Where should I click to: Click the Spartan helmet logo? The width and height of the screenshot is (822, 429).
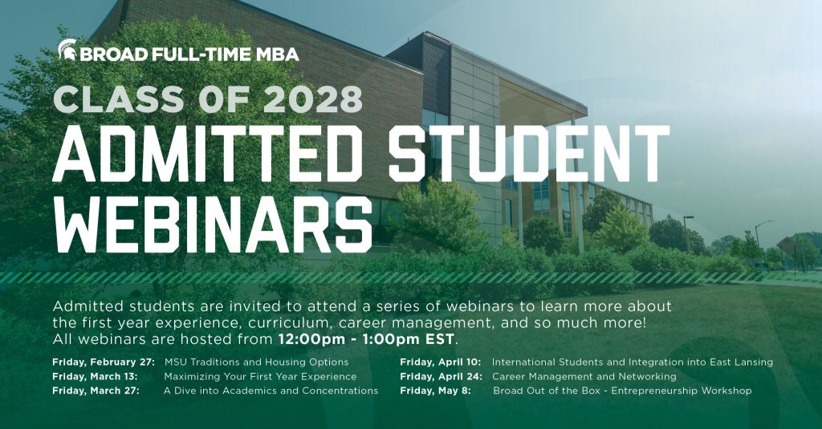coord(67,50)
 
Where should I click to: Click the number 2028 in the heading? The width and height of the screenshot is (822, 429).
coord(313,99)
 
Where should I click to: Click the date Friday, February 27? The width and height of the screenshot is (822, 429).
coord(104,362)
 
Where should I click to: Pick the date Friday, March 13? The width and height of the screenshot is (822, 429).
coord(95,377)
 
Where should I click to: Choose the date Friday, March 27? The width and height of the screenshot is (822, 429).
coord(96,391)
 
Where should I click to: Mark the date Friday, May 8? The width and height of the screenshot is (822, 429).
coord(436,391)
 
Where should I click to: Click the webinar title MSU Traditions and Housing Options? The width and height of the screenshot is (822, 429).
coord(256,362)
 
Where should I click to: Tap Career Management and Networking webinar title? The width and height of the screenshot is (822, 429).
coord(584,377)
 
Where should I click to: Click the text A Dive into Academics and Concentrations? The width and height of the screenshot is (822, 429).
coord(271,391)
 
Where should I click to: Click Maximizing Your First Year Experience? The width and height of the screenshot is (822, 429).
coord(260,377)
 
